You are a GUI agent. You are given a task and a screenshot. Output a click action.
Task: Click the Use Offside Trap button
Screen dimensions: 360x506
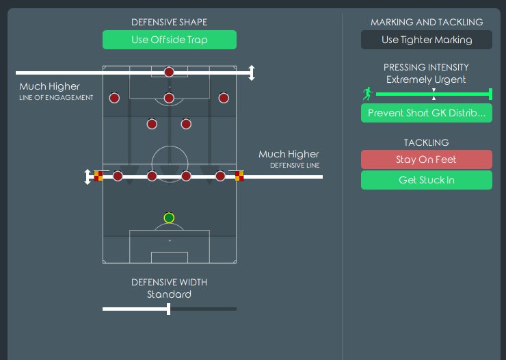coord(170,40)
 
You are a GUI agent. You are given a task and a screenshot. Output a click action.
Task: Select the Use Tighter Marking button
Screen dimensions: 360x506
coord(426,40)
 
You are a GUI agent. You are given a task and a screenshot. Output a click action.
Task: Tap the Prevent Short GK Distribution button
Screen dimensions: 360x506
coord(426,113)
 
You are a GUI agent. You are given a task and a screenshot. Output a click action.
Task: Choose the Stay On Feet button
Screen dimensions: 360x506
coord(426,159)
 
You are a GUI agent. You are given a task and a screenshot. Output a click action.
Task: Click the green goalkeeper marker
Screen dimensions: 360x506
coord(169,218)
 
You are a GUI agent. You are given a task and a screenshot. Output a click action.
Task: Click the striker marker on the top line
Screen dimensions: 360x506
coord(169,72)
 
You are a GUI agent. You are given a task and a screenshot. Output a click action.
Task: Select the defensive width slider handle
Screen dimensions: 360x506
coord(168,309)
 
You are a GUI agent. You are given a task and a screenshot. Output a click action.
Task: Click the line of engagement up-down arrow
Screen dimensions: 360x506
coord(251,73)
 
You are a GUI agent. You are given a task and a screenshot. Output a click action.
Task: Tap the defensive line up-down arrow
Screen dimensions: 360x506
coord(88,177)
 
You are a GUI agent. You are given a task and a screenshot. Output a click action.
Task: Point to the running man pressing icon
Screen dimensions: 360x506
coord(368,94)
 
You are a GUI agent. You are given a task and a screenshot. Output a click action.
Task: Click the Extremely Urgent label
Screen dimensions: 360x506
coord(426,79)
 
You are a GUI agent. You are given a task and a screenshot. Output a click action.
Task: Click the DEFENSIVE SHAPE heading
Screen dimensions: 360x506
coord(170,23)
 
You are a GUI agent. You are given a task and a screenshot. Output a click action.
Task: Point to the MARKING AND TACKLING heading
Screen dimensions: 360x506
coord(426,23)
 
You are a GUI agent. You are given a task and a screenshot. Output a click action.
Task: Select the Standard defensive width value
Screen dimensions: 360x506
coord(169,294)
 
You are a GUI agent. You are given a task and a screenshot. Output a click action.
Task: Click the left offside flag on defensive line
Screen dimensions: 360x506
coord(98,175)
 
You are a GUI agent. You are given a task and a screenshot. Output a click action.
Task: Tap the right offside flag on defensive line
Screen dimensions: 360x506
coord(239,175)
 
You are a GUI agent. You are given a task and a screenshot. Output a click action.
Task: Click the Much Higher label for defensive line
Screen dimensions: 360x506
coord(289,155)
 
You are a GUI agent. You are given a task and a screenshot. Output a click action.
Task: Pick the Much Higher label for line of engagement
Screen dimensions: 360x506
coord(49,87)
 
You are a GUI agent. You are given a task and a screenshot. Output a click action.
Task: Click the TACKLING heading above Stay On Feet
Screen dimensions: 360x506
coord(426,142)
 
